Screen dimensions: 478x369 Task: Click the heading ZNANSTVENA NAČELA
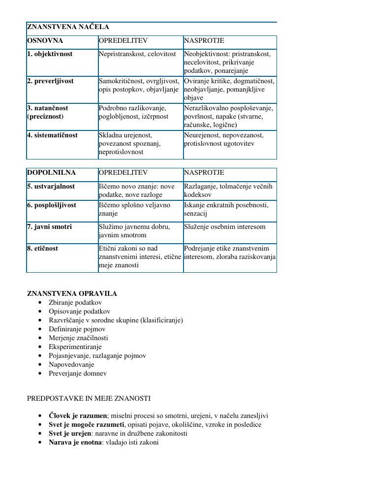pos(68,27)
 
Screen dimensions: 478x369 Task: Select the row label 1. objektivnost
pos(50,54)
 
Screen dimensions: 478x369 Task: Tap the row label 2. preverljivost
pos(50,81)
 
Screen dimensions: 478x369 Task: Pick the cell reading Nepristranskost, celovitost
pos(137,54)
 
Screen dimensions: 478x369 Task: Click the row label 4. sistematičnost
pos(52,135)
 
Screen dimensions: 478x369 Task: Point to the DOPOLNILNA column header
pos(51,173)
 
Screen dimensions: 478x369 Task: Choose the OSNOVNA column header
pos(45,41)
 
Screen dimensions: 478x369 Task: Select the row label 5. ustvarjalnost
pos(51,187)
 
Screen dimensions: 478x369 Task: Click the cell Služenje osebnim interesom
pos(225,227)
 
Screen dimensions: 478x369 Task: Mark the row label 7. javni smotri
pos(49,227)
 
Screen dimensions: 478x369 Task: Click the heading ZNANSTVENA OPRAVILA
pos(72,294)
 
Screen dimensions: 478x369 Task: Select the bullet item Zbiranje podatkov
pos(75,303)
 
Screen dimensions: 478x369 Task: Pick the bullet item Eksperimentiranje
pos(75,347)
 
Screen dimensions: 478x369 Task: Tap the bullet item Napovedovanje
pos(71,365)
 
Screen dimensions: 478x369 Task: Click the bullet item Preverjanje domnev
pos(78,374)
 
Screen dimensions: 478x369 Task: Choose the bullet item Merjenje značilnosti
pos(78,338)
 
